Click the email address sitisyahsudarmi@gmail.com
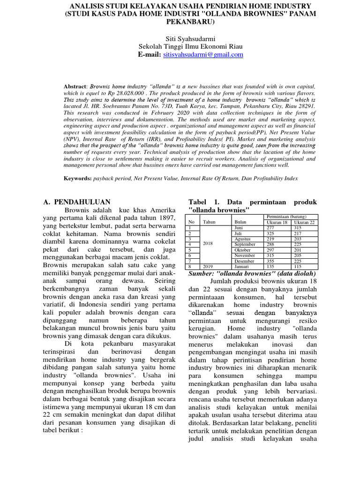tap(203, 55)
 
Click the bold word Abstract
tap(75, 87)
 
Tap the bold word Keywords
tap(77, 179)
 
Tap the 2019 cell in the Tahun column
tap(208, 267)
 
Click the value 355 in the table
tap(272, 261)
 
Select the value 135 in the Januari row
tap(272, 267)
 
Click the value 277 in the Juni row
tap(272, 227)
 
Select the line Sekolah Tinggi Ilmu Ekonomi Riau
tap(180, 46)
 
